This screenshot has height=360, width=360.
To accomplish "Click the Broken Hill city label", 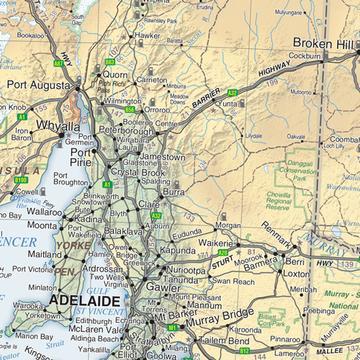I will [x=325, y=44].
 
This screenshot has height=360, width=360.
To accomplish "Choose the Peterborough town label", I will [x=125, y=130].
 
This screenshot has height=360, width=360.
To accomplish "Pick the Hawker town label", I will [x=147, y=35].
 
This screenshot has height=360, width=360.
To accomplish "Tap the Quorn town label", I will [x=116, y=74].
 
